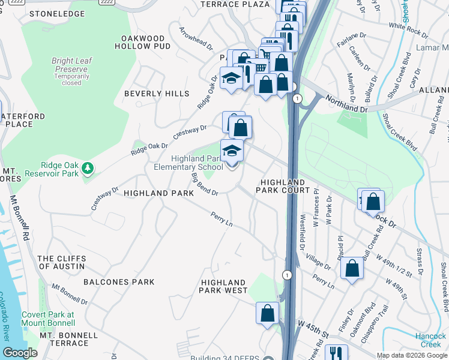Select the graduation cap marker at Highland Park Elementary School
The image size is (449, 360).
[232, 151]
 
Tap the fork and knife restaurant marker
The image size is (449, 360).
[336, 354]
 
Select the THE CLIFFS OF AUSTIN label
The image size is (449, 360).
[61, 262]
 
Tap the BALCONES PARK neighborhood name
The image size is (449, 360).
[119, 281]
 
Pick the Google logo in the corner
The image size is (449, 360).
[20, 353]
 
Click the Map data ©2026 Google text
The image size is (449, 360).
[411, 355]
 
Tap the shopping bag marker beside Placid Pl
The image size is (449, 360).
[352, 268]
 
